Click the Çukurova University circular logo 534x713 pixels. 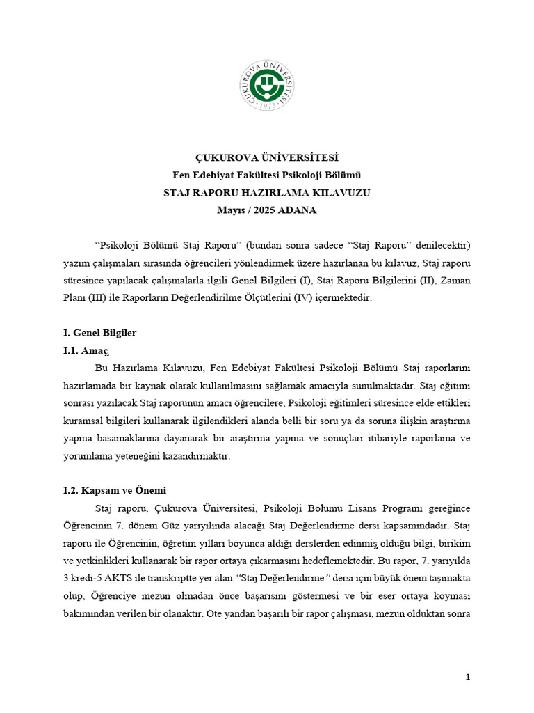coord(268,85)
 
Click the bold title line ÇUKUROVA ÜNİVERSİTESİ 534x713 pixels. coord(267,158)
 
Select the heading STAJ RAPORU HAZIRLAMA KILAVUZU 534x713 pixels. coord(267,193)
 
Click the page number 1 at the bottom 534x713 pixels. coord(468,677)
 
